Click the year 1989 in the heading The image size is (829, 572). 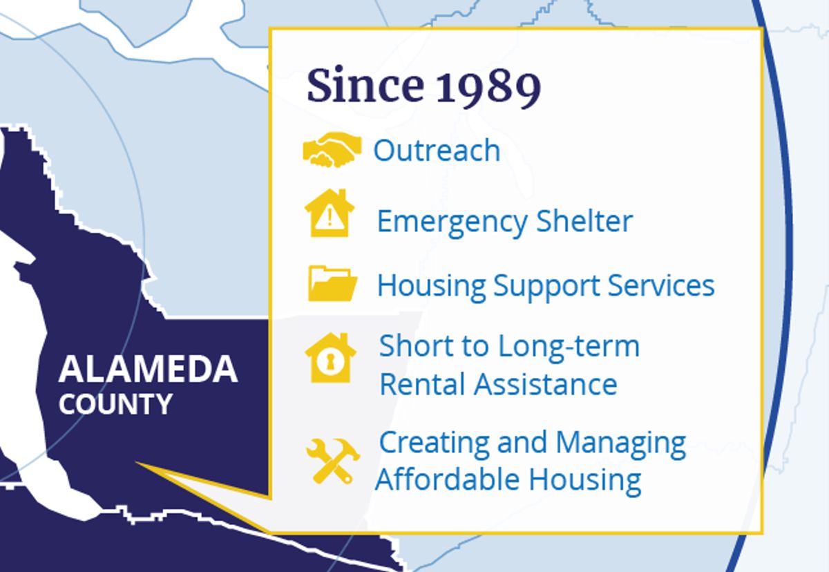point(488,87)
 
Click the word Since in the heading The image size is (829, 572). point(365,85)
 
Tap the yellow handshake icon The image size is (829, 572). point(332,149)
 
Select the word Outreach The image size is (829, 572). point(437,151)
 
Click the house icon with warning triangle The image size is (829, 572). point(330,213)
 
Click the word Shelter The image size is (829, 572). point(584,221)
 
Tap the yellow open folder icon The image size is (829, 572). point(332,283)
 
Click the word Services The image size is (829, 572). point(661,286)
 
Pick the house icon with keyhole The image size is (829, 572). point(330,357)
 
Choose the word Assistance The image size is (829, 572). point(546,384)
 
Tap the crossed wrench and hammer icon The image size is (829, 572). point(332,461)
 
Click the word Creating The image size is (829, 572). point(435,444)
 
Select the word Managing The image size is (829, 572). point(621,444)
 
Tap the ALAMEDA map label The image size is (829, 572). point(148,369)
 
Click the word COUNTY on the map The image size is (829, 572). point(115,403)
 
